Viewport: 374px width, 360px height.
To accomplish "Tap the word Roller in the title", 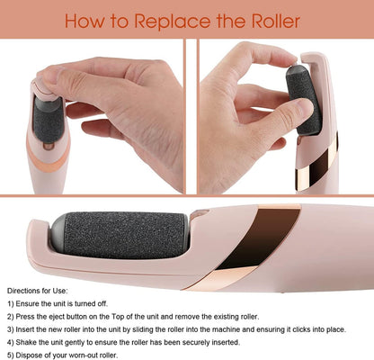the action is (x=276, y=21).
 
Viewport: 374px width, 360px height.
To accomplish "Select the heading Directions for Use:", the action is (x=38, y=291).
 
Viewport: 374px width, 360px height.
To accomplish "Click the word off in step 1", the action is (x=102, y=303).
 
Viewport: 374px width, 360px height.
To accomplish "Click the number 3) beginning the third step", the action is (x=11, y=329).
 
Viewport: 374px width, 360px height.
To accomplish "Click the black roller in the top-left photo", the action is (x=48, y=120).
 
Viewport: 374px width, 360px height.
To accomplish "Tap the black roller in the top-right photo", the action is (x=303, y=101).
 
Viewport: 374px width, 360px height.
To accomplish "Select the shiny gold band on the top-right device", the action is (x=317, y=164).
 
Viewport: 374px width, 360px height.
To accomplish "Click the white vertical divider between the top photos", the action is (x=191, y=116).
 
